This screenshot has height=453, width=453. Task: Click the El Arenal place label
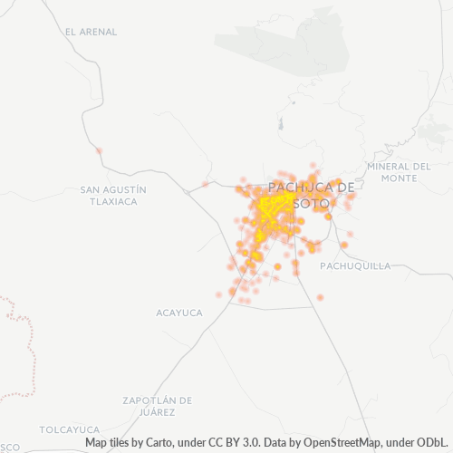pyautogui.click(x=91, y=31)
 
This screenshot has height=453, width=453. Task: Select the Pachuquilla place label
pyautogui.click(x=355, y=265)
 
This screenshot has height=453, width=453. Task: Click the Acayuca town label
pyautogui.click(x=179, y=313)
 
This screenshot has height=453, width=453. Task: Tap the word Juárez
pyautogui.click(x=158, y=411)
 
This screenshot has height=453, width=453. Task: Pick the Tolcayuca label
pyautogui.click(x=69, y=429)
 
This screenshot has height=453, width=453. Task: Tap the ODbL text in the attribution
pyautogui.click(x=433, y=443)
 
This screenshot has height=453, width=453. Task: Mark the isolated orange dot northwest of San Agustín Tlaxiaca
pyautogui.click(x=99, y=150)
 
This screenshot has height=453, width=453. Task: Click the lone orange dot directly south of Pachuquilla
pyautogui.click(x=321, y=297)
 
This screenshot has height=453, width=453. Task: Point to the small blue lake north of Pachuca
pyautogui.click(x=281, y=124)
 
